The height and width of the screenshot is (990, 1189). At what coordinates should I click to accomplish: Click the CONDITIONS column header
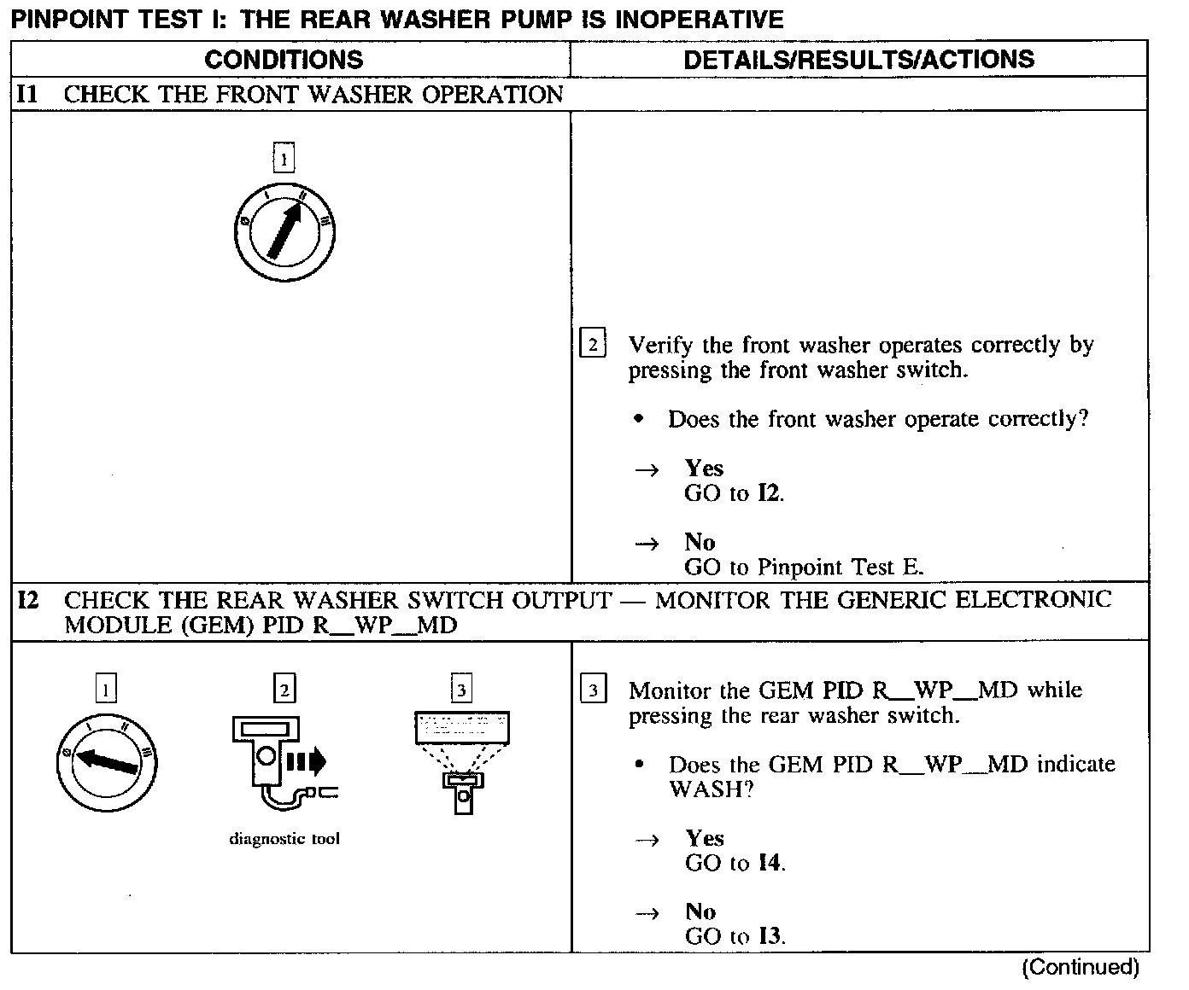[x=284, y=60]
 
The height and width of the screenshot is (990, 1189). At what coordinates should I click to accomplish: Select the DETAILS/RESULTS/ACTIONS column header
[x=858, y=60]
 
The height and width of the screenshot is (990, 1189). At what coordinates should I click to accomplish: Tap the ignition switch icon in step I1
[x=285, y=232]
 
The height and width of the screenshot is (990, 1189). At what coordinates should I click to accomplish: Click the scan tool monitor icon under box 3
[x=462, y=760]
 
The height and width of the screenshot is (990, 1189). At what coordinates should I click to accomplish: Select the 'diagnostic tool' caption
[x=284, y=839]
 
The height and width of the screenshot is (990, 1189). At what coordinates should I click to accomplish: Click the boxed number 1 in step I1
[x=284, y=158]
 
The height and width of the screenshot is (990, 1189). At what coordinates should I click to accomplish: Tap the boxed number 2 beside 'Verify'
[x=593, y=346]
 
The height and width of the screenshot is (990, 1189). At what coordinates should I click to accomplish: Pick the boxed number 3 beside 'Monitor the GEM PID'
[x=593, y=690]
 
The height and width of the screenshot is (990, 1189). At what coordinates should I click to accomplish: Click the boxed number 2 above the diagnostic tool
[x=284, y=689]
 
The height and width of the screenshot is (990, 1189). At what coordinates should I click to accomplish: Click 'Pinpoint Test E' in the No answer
[x=840, y=568]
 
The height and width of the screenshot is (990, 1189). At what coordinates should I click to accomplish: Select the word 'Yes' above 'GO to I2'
[x=704, y=469]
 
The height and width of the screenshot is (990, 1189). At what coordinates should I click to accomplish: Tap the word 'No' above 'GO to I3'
[x=700, y=911]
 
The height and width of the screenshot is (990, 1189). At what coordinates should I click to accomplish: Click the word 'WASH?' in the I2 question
[x=711, y=789]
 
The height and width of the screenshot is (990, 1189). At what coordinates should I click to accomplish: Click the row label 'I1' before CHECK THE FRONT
[x=28, y=94]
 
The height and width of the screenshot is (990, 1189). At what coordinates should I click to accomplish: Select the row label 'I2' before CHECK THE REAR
[x=29, y=600]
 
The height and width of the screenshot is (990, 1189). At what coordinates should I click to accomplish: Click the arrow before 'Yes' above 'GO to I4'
[x=648, y=840]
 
